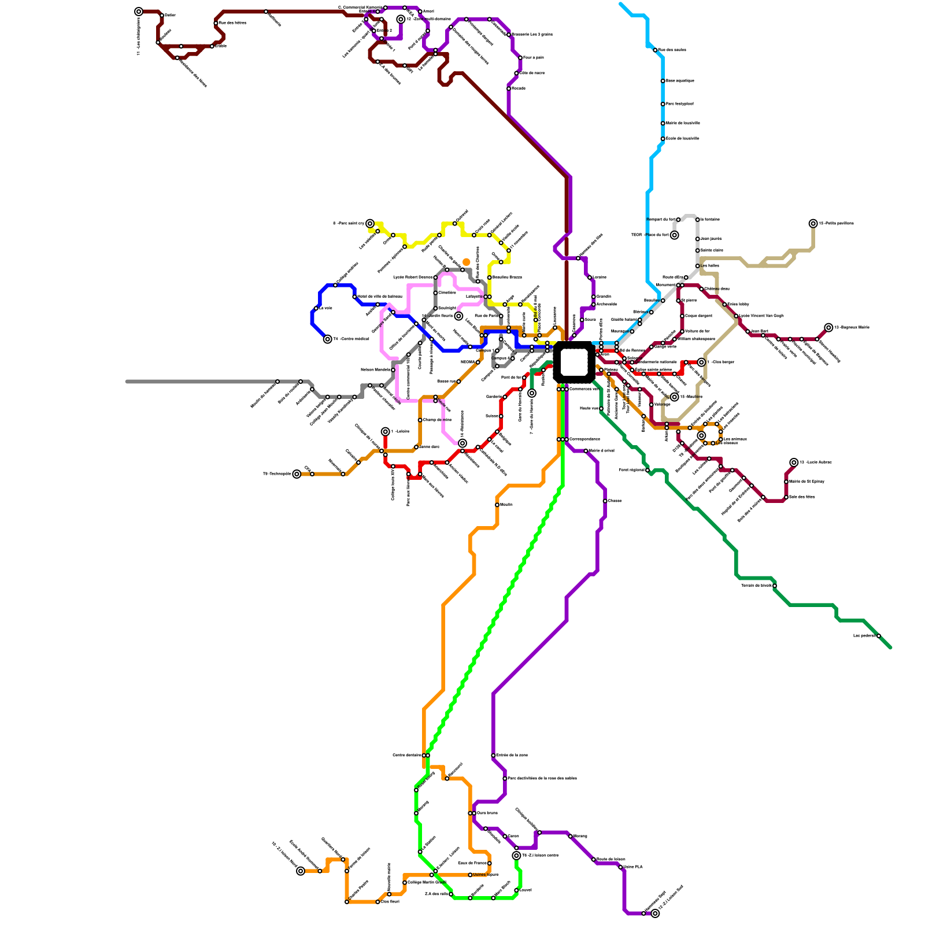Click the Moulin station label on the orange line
coord(506,505)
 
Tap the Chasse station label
coord(615,501)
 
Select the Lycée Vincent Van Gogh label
coord(761,316)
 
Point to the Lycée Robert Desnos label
coord(413,277)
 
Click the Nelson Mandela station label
coord(375,369)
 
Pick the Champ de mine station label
coord(437,420)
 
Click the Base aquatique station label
coord(680,81)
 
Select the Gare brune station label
coord(487,813)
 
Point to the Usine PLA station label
coord(633,867)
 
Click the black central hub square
coord(573,362)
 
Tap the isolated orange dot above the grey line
coord(467,262)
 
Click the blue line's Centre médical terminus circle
coord(328,339)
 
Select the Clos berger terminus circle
coord(701,362)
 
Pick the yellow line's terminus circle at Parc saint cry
coord(370,224)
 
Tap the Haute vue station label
coord(589,408)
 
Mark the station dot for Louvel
coord(516,890)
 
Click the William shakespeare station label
coord(696,339)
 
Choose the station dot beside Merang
coord(570,836)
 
